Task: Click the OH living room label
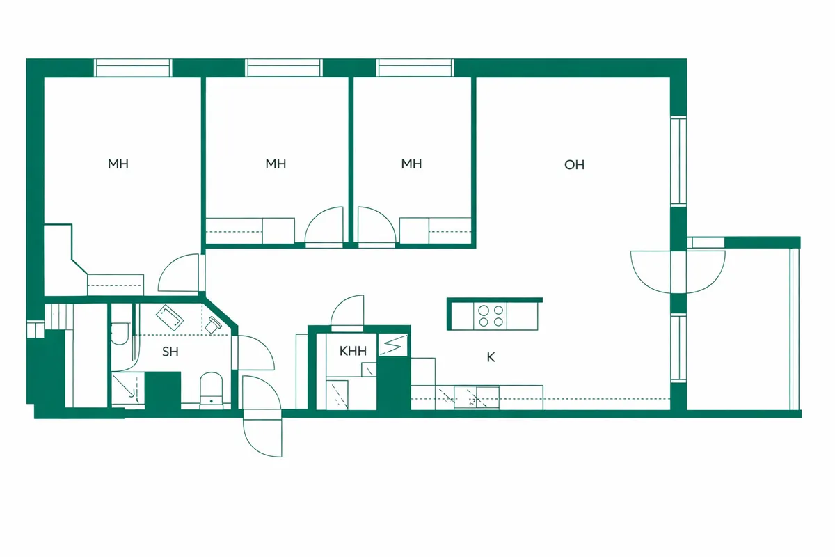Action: [x=574, y=164]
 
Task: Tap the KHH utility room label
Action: [x=353, y=351]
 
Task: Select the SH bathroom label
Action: [x=170, y=352]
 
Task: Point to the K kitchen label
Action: [x=491, y=357]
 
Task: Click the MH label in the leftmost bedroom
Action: [x=118, y=164]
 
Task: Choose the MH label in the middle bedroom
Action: [x=276, y=164]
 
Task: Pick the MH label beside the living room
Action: [x=411, y=164]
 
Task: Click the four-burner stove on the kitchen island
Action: [x=490, y=316]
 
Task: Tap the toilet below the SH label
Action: [x=212, y=390]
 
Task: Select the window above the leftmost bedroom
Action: [x=133, y=68]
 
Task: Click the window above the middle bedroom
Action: [x=284, y=68]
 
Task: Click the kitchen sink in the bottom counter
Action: [x=477, y=398]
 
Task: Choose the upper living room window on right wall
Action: [x=678, y=161]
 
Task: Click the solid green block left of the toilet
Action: [x=163, y=391]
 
